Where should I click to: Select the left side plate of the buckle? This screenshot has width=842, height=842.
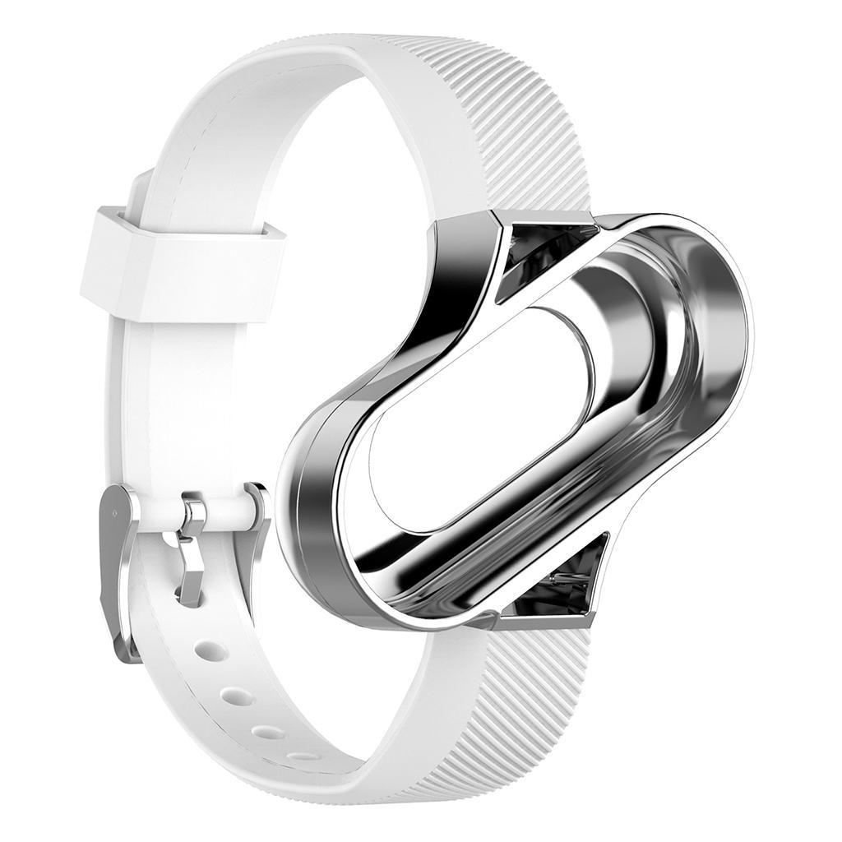pyautogui.click(x=115, y=567)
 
